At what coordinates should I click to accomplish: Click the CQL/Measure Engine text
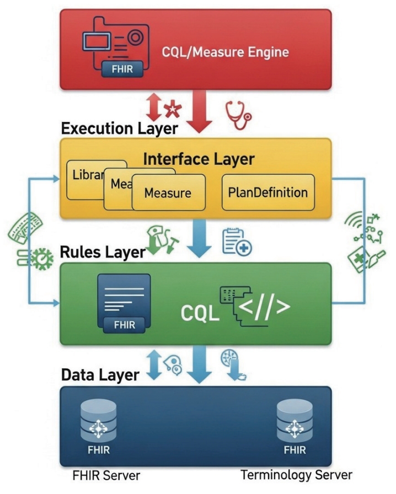pos(224,52)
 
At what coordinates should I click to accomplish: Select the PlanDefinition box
pos(267,192)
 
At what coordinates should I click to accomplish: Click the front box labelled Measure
pos(168,194)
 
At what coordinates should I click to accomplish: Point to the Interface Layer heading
pos(199,159)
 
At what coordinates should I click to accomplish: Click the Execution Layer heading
pos(119,128)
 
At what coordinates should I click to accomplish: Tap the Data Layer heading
pos(100,375)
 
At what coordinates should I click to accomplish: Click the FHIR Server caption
pos(106,475)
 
